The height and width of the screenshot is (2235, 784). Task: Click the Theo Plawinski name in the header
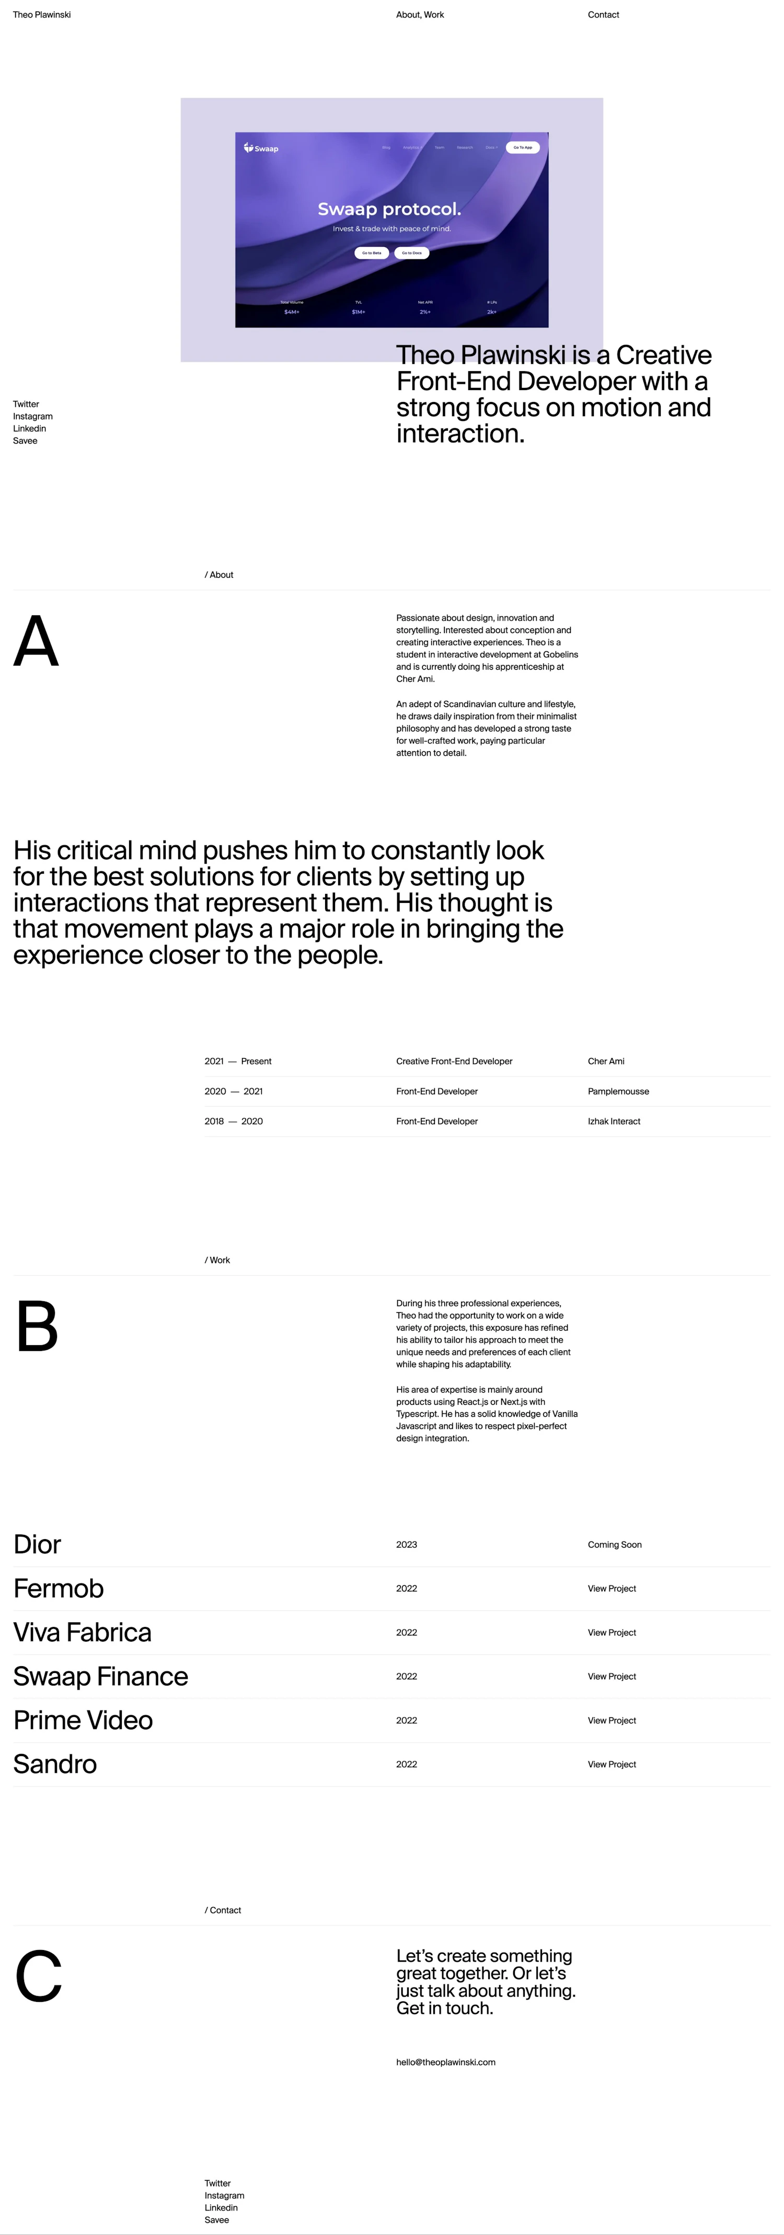click(42, 15)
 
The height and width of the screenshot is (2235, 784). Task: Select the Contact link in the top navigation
click(603, 15)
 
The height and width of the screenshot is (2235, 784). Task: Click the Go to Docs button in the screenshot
click(411, 253)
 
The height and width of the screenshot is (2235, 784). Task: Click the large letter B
click(37, 1326)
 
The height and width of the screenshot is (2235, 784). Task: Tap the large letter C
click(39, 1976)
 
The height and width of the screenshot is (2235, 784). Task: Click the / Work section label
click(217, 1260)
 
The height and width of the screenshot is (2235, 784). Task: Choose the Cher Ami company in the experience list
click(605, 1061)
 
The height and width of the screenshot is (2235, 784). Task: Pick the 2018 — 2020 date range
click(233, 1121)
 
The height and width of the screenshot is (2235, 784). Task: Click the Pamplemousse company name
click(617, 1092)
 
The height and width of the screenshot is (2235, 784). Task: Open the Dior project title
click(37, 1544)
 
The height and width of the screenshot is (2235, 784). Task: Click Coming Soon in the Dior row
click(614, 1544)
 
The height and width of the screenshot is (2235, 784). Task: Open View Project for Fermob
click(612, 1589)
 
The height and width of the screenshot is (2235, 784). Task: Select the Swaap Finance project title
click(100, 1676)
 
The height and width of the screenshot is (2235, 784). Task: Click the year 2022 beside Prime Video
click(406, 1721)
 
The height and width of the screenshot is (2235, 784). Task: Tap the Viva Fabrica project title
click(83, 1632)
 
